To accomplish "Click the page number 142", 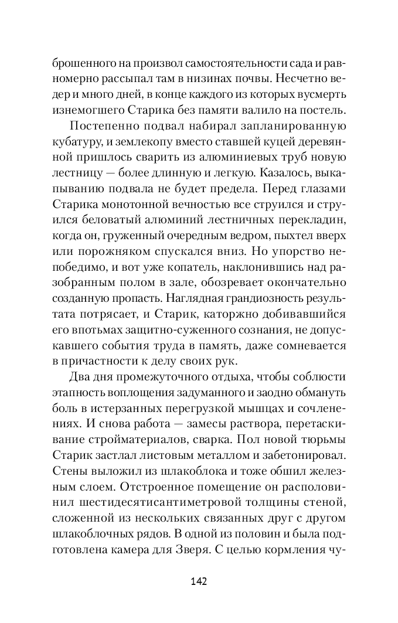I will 199,581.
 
